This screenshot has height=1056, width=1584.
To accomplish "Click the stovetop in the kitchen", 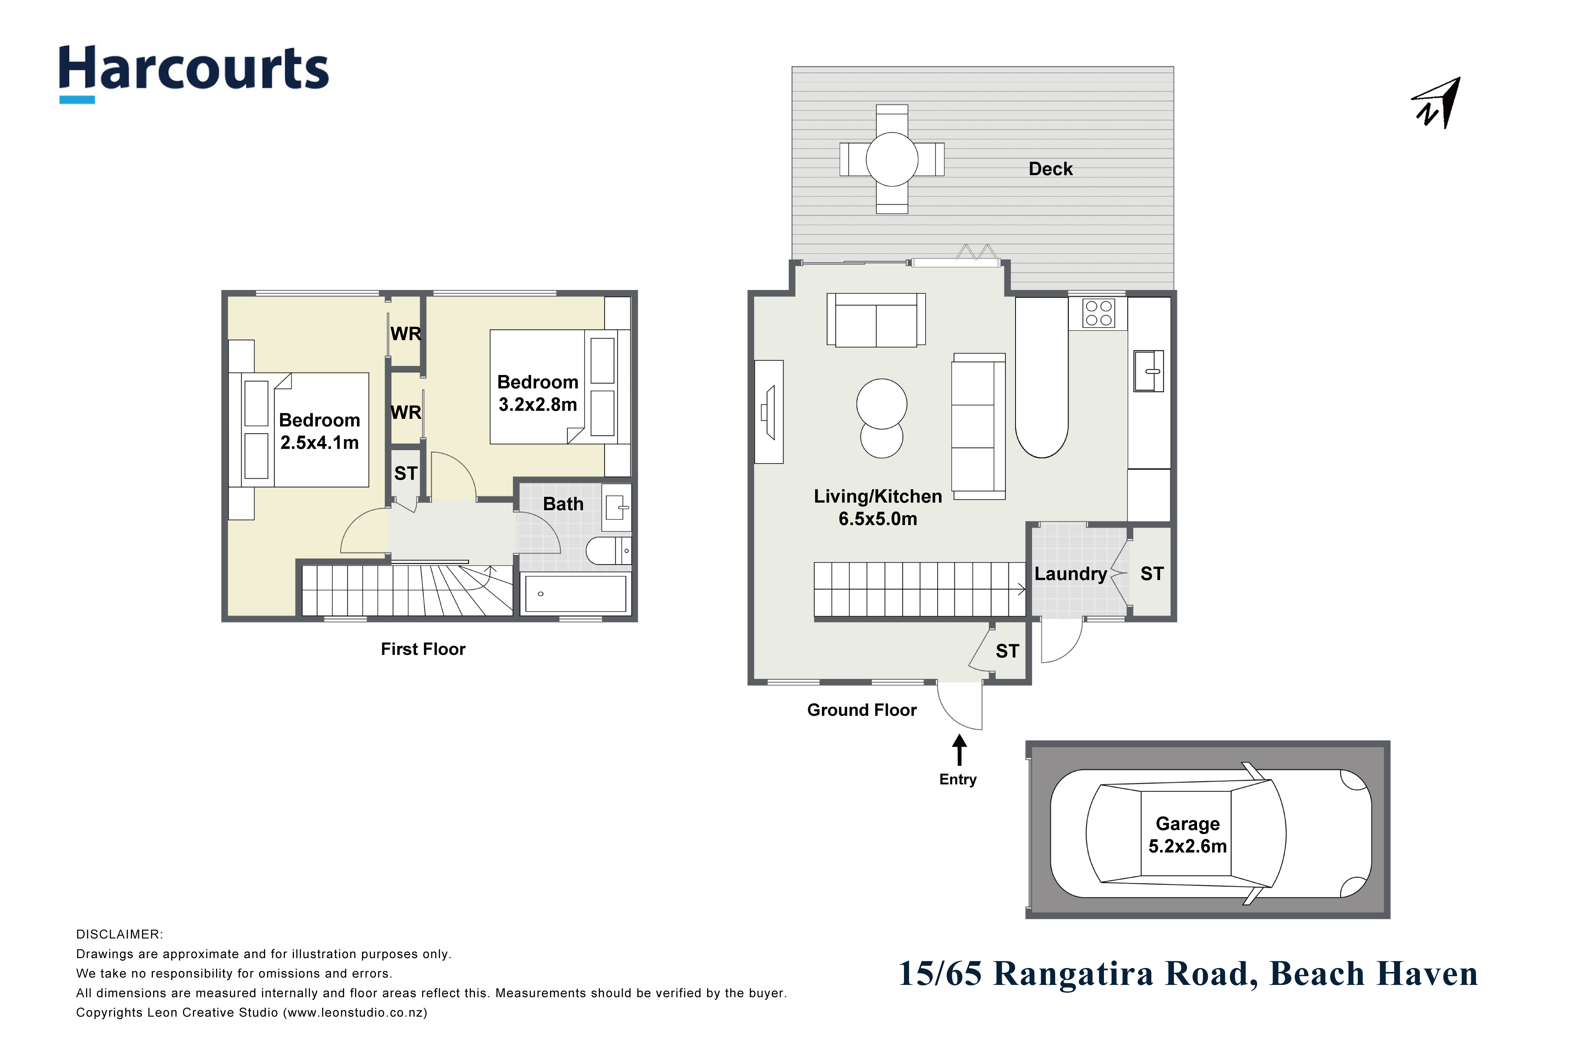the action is coord(1098,313).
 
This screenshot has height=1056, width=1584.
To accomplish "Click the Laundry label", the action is coord(1070,574).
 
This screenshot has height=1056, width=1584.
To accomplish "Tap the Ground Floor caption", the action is coord(862,710).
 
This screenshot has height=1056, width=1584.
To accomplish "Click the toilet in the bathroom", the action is coord(609,551).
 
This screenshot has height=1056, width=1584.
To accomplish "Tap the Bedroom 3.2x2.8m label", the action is coord(537,393).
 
